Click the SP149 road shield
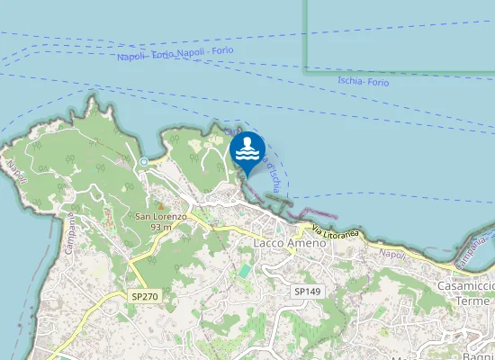[307, 266]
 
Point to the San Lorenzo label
[160, 217]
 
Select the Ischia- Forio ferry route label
[363, 82]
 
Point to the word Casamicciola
[466, 285]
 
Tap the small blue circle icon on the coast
[143, 162]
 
